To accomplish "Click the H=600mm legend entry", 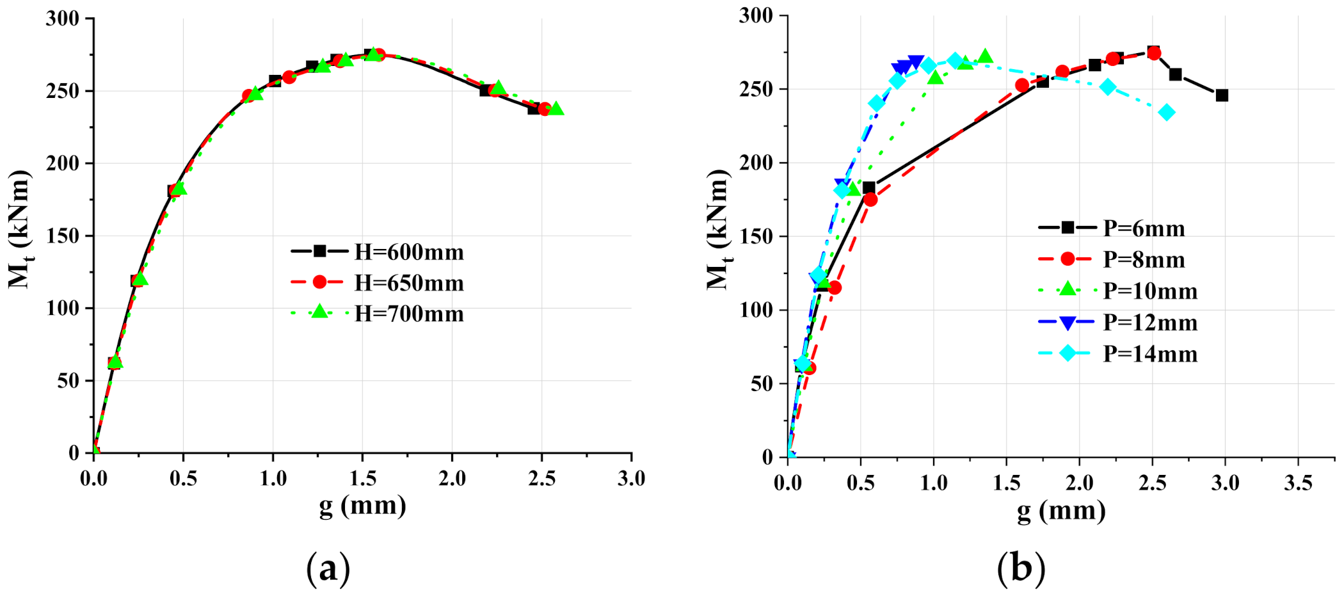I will click(378, 252).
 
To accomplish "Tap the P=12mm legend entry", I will click(1117, 322).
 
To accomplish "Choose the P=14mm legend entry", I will click(1117, 353).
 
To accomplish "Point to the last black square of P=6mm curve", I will click(1222, 95).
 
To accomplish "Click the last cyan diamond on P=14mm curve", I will click(1167, 113).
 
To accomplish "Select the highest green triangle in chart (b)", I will click(986, 56).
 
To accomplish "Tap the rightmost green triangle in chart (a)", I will click(556, 108).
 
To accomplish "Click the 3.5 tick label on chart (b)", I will click(1298, 483).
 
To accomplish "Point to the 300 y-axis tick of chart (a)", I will click(62, 19).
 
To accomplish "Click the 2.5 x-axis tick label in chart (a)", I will click(541, 478).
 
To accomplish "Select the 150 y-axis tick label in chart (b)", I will click(756, 236).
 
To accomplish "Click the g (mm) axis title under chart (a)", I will click(362, 506).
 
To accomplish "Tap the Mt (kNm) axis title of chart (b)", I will click(717, 230).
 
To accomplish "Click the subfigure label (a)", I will click(328, 567).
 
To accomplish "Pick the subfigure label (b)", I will click(1021, 567).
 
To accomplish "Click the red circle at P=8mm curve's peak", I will click(1154, 53).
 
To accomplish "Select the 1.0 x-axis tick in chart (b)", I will click(933, 483).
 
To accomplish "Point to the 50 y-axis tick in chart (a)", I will click(68, 381).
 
